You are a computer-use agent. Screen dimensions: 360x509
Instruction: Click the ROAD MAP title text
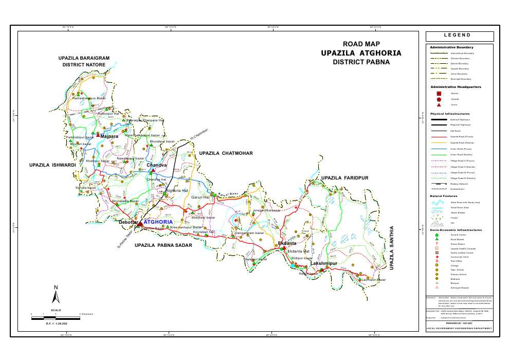click(361, 44)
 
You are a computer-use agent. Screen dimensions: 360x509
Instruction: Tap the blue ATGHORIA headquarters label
click(158, 222)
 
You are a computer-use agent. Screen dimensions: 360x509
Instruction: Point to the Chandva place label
click(157, 165)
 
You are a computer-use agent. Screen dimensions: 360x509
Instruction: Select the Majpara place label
click(110, 137)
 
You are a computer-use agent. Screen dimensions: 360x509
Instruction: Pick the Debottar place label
click(129, 222)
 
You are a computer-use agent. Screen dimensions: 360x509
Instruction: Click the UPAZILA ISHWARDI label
click(53, 165)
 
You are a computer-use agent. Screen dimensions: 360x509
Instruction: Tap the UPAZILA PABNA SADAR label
click(163, 246)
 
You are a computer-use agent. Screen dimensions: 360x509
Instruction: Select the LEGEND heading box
click(460, 36)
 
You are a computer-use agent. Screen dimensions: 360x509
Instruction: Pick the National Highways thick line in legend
click(439, 119)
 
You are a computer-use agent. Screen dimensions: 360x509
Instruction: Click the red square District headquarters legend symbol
click(439, 94)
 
